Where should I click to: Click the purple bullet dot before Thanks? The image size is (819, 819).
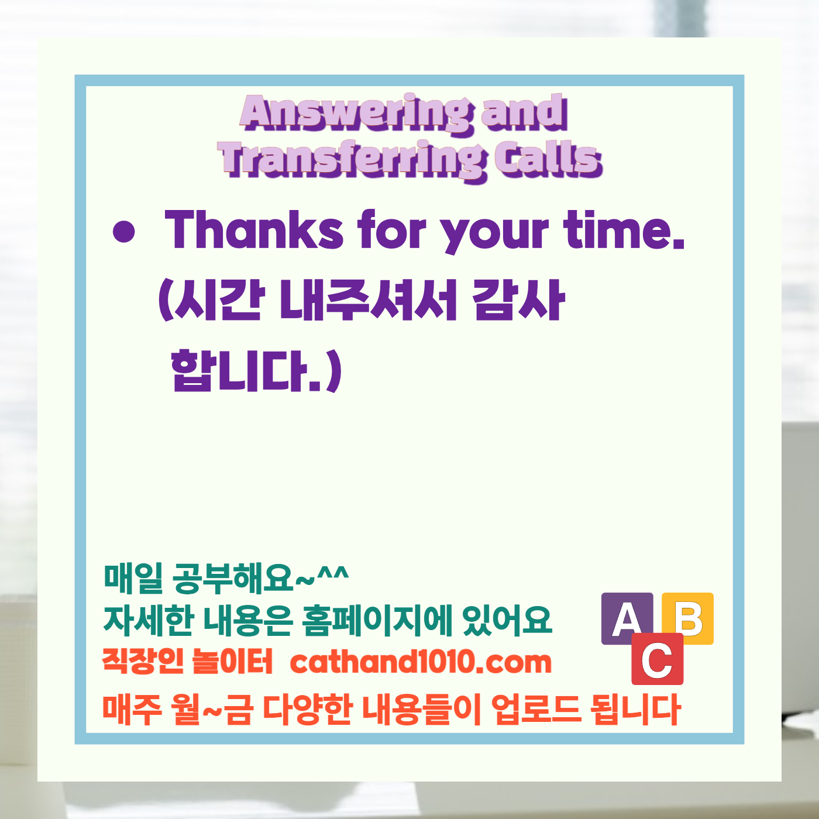click(123, 232)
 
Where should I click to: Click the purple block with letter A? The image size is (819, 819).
click(626, 618)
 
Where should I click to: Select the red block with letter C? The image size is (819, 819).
click(657, 659)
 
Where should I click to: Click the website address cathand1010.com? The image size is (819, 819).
click(421, 662)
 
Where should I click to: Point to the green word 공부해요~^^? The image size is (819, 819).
click(260, 578)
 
